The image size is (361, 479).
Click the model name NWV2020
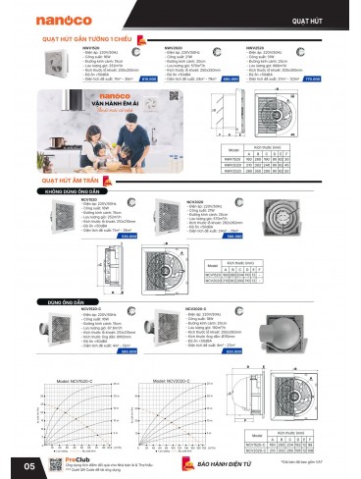tap(174, 46)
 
